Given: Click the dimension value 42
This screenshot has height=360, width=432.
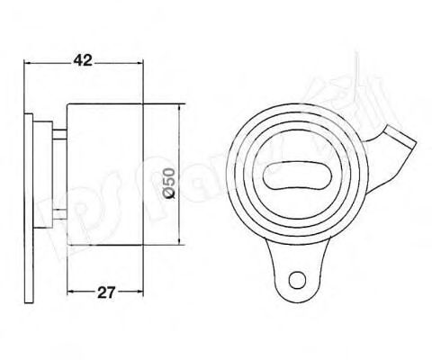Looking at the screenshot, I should click(83, 61).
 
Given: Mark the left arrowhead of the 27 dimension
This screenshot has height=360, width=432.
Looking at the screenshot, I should click(70, 292).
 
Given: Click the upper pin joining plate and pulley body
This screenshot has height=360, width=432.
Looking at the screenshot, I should click(60, 135).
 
